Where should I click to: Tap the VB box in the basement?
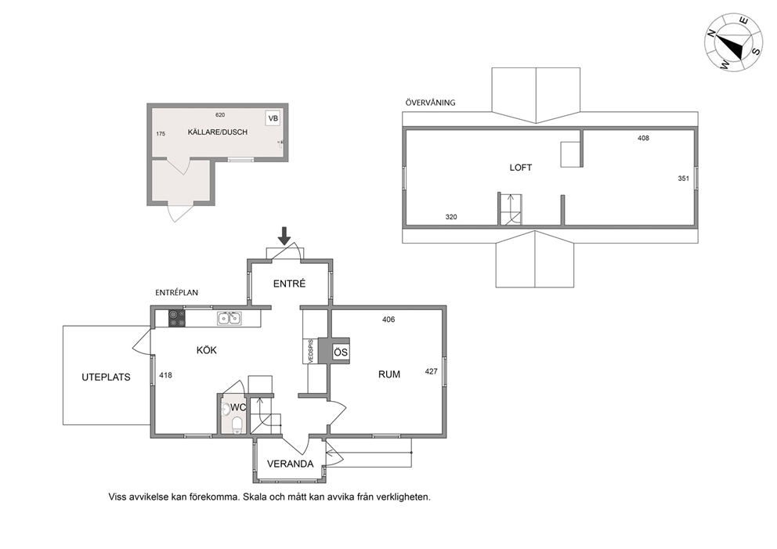pos(273,118)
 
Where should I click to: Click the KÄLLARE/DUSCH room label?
pos(218,132)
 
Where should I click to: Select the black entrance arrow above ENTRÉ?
pos(284,236)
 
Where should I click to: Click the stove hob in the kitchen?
pos(177,318)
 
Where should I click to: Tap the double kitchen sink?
pos(229,318)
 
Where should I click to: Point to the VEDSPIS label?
pos(311,352)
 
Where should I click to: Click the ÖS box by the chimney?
pos(341,352)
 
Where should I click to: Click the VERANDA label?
pos(291,464)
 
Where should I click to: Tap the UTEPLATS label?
pos(106,377)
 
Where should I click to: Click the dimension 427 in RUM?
pos(431,371)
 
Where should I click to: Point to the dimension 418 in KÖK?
pos(165,375)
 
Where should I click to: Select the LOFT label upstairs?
pos(521,168)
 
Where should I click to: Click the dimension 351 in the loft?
pos(683,179)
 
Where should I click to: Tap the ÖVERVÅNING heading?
pos(430,103)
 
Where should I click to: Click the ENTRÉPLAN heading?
pos(176,292)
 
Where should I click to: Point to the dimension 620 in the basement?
pos(220,115)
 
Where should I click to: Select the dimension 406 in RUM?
pos(388,320)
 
